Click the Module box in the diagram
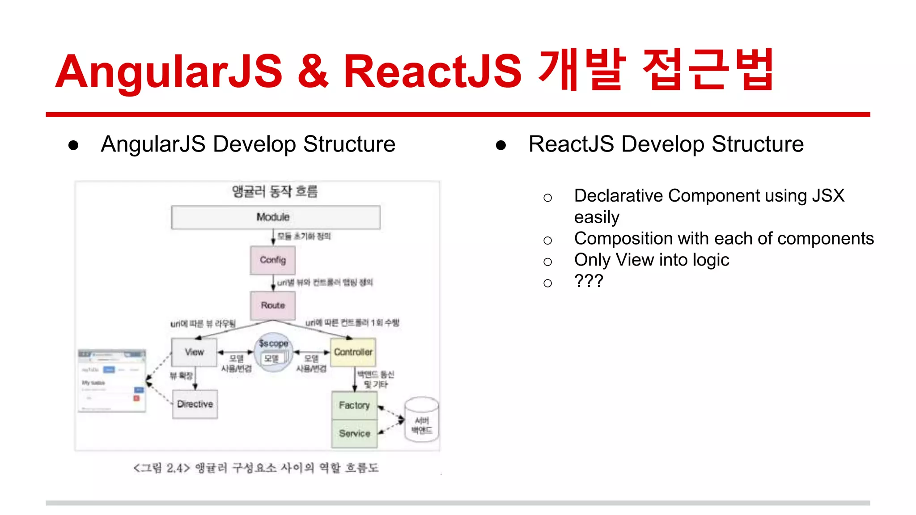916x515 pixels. [276, 217]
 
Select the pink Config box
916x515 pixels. [273, 260]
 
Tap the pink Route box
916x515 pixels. [273, 305]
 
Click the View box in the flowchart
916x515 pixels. [195, 352]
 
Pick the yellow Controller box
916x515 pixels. [353, 352]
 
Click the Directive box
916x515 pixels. [195, 404]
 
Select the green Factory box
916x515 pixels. [354, 405]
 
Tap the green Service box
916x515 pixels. [354, 434]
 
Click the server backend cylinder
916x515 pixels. [422, 420]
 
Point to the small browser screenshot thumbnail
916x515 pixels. [112, 380]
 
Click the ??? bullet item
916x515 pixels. [589, 281]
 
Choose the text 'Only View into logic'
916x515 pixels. [651, 260]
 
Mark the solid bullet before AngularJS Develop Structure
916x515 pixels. [74, 145]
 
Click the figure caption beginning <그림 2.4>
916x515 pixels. [256, 468]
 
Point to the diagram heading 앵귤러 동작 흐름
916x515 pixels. [275, 191]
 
